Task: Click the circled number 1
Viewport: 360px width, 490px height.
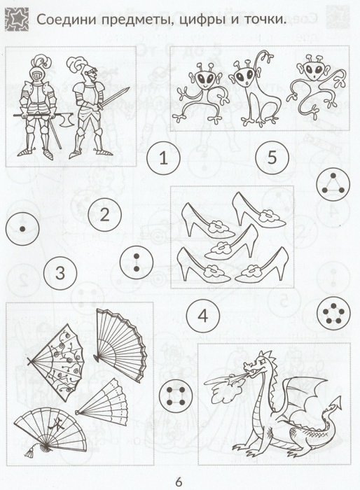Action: [163, 157]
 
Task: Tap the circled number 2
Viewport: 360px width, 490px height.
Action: [104, 215]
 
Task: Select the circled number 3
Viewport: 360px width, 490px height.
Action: [60, 273]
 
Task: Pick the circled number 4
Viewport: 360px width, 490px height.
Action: [202, 316]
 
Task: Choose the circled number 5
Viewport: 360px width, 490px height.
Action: [272, 157]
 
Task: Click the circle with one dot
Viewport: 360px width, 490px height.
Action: [22, 229]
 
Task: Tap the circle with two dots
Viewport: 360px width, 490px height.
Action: [137, 262]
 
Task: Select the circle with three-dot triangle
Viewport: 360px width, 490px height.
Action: [333, 183]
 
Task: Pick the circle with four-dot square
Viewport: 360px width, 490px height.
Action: [175, 396]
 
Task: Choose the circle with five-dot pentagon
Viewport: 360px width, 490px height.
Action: [333, 313]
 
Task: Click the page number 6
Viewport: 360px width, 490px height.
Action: [179, 482]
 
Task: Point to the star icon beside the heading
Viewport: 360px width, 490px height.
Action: [17, 20]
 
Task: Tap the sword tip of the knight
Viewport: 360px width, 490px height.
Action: [127, 89]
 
